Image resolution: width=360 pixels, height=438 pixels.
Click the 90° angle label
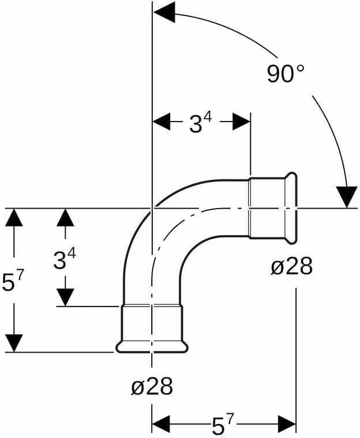click(x=286, y=74)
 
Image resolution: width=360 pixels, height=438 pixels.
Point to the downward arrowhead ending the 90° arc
click(x=347, y=197)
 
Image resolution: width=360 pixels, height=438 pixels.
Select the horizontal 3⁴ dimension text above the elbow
click(x=201, y=123)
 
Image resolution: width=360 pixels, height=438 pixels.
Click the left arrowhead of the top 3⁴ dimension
click(x=162, y=122)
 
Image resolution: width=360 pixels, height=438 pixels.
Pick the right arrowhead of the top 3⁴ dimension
click(x=241, y=122)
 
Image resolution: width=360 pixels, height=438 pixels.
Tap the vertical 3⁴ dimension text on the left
click(x=65, y=259)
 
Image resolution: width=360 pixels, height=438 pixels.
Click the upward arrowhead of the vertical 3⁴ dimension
click(x=65, y=217)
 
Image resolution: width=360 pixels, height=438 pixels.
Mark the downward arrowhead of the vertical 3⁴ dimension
click(x=65, y=297)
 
